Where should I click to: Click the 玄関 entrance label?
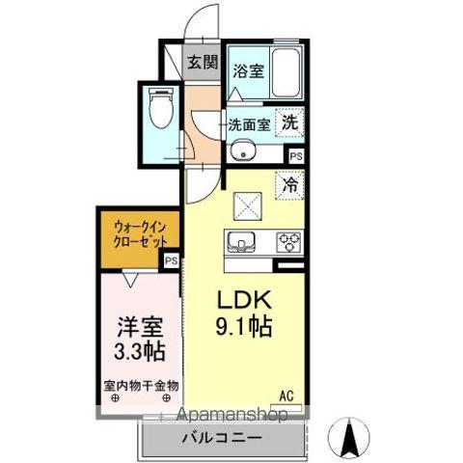[x=202, y=64]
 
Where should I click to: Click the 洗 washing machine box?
[x=288, y=123]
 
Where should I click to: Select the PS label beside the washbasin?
[x=295, y=155]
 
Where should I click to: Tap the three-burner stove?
[x=289, y=242]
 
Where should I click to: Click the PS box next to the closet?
[x=172, y=259]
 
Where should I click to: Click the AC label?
[x=286, y=395]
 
